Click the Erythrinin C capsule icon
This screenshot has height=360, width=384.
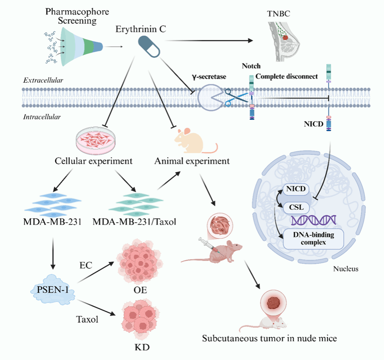[148, 47]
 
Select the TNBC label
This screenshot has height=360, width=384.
[279, 13]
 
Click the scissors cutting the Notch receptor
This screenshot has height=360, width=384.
[232, 97]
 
